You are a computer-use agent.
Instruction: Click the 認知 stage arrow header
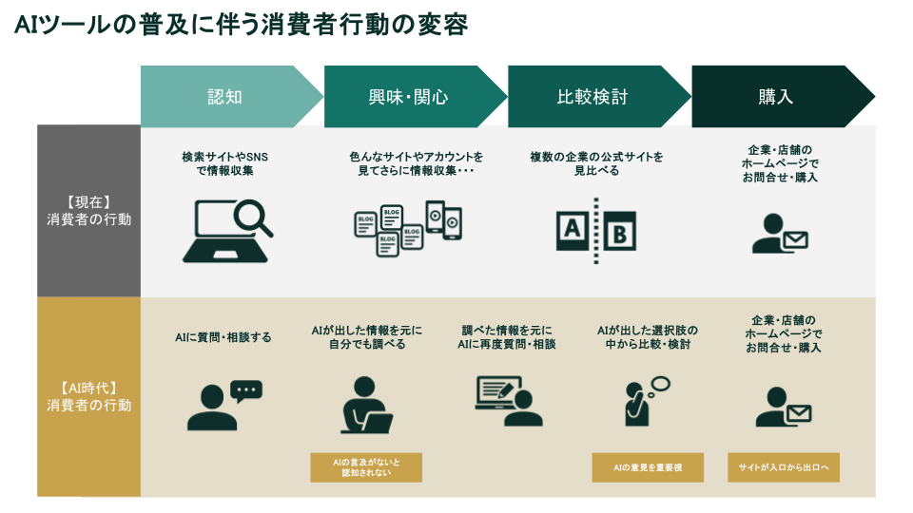coord(225,97)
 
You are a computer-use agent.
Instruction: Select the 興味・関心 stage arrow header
coord(408,97)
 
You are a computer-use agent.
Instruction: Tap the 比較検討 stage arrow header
coord(592,97)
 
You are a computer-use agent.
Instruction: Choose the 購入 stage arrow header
coord(775,97)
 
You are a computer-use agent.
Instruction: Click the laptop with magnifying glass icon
coord(226,230)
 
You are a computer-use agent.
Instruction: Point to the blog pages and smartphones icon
coord(408,229)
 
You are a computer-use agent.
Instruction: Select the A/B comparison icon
coord(595,231)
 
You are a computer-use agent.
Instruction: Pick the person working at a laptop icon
coord(366,406)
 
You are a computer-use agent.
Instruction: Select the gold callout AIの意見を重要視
coord(646,467)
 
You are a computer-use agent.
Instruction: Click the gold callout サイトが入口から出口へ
coord(784,467)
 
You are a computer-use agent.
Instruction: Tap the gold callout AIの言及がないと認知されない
coord(366,467)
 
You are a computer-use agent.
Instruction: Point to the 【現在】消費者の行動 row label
coord(88,211)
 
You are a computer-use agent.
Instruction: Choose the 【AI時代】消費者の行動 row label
coord(88,396)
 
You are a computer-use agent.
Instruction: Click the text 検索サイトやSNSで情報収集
coord(225,163)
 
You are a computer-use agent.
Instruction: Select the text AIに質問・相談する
coord(223,337)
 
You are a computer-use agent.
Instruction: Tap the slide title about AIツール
coord(242,25)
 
